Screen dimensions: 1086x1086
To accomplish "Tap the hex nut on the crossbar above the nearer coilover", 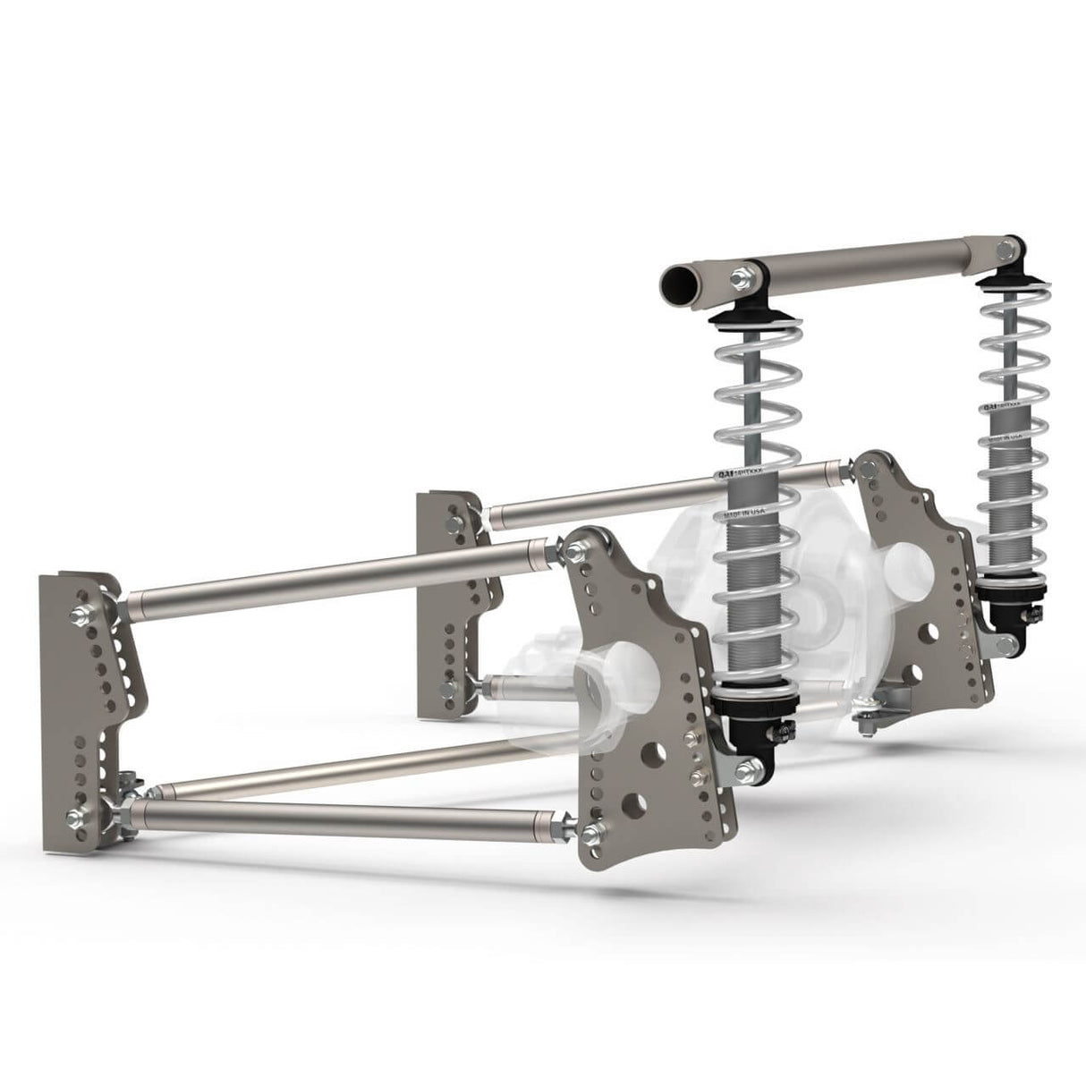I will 741,276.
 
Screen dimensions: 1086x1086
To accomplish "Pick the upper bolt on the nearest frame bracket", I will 78,615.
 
